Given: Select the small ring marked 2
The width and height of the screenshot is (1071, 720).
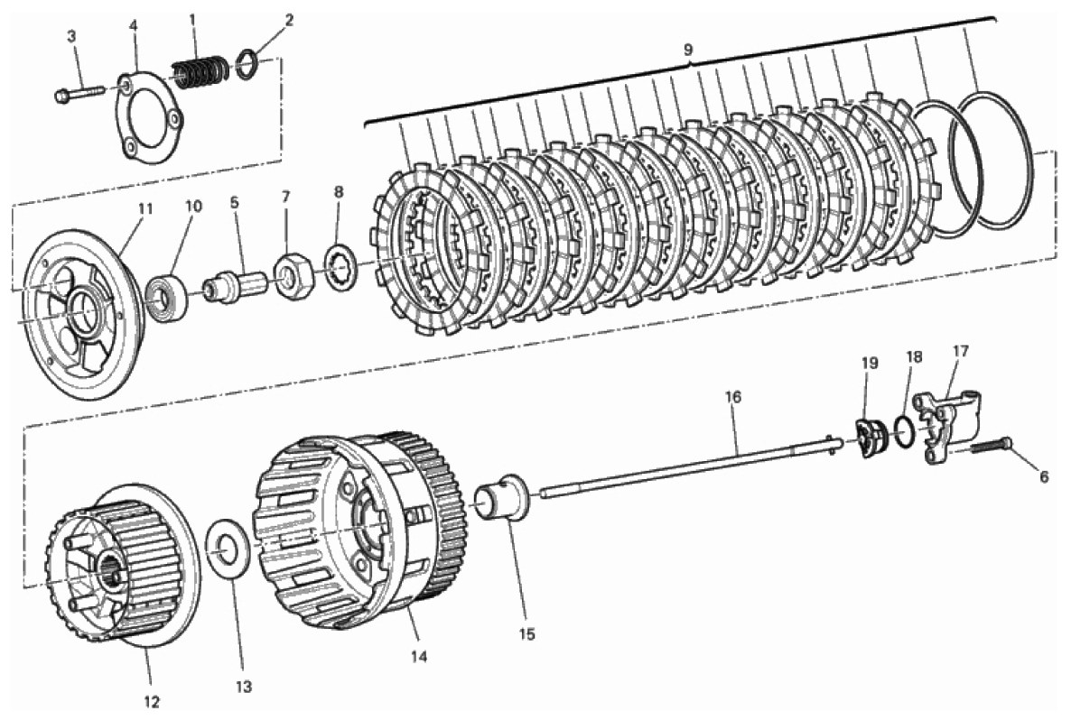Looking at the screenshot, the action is click(248, 64).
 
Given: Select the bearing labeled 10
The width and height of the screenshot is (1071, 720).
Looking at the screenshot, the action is click(166, 297).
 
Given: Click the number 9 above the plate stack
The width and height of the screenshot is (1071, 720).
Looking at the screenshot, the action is click(688, 49).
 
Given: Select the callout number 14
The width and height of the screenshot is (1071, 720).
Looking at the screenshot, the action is click(419, 657).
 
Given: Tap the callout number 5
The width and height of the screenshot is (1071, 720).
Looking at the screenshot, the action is click(234, 203).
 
